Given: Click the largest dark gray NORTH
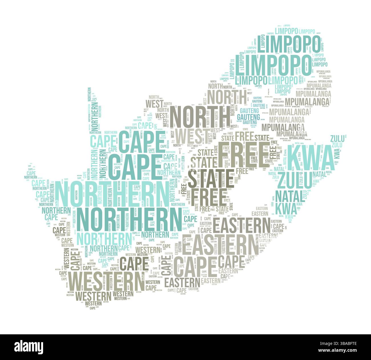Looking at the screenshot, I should [199, 117].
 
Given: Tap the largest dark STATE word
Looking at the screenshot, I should [211, 179].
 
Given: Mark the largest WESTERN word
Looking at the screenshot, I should [106, 281].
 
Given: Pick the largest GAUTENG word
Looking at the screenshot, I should [248, 117].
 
